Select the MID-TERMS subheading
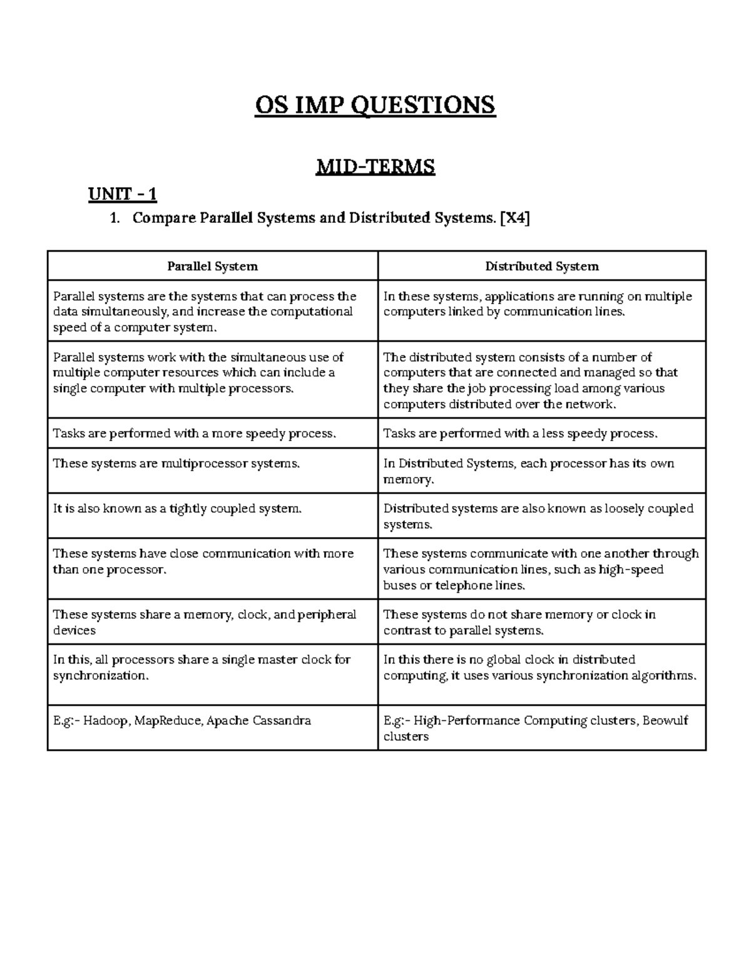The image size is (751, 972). pyautogui.click(x=375, y=166)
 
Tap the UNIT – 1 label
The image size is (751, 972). pyautogui.click(x=122, y=195)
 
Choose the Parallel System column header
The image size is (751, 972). pyautogui.click(x=212, y=266)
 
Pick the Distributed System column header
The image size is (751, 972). pyautogui.click(x=542, y=266)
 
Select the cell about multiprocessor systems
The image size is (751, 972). pyautogui.click(x=176, y=464)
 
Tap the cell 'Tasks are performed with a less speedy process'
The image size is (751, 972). pyautogui.click(x=520, y=434)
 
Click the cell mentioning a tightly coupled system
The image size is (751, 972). pyautogui.click(x=177, y=509)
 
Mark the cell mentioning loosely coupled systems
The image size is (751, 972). pyautogui.click(x=538, y=516)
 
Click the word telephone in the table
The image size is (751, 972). pyautogui.click(x=464, y=585)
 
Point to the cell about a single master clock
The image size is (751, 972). pyautogui.click(x=202, y=667)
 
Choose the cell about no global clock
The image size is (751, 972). pyautogui.click(x=539, y=667)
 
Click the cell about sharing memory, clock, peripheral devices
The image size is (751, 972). pyautogui.click(x=204, y=622)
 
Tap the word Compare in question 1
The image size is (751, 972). pyautogui.click(x=164, y=218)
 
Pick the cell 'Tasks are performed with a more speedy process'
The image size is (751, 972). pyautogui.click(x=194, y=434)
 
